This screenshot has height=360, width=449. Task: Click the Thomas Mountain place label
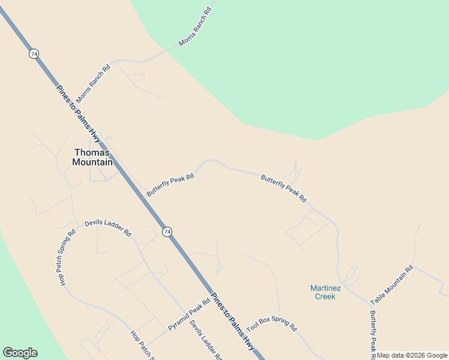92,157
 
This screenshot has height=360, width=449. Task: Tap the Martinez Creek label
323,292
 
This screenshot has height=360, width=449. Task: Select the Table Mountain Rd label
392,285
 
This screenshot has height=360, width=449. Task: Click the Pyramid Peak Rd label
188,316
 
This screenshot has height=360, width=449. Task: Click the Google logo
20,353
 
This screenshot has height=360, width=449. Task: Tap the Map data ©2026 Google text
412,355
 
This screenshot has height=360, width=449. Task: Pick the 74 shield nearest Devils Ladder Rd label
167,232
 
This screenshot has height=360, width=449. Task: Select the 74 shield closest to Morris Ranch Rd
34,54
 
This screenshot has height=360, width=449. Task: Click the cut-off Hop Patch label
143,345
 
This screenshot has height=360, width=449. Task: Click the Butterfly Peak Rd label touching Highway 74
170,185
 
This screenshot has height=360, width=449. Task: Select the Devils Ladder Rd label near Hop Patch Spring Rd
108,227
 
